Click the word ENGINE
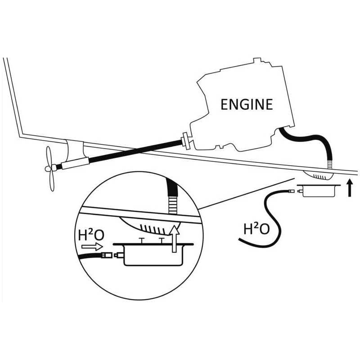[x=246, y=104]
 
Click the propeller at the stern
[x=50, y=168]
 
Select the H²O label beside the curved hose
[x=256, y=229]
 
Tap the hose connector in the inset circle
[x=108, y=256]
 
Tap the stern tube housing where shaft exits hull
[x=74, y=150]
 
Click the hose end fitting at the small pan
[x=292, y=192]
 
